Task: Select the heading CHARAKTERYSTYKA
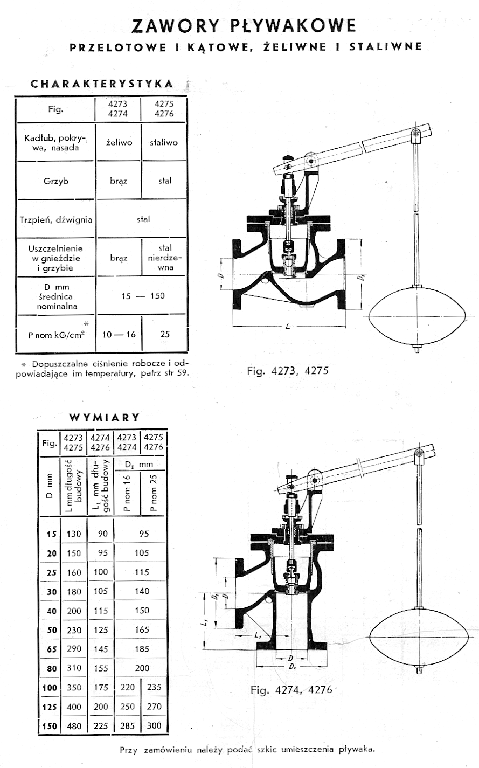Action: [x=102, y=84]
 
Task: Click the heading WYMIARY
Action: [x=105, y=417]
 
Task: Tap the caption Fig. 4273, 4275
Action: [x=287, y=371]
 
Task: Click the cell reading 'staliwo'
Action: [x=164, y=143]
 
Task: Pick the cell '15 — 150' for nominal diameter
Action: [x=143, y=296]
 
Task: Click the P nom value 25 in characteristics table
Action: [x=165, y=334]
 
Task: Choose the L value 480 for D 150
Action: [x=74, y=726]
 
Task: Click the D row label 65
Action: [x=51, y=649]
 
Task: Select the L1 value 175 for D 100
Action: [x=101, y=688]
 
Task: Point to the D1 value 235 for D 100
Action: [x=154, y=688]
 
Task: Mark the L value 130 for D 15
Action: [x=74, y=534]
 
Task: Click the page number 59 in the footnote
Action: [x=183, y=372]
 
